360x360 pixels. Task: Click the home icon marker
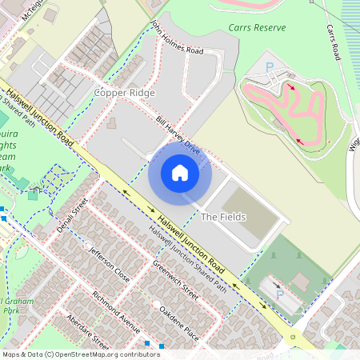180,173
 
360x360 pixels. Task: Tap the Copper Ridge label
124,93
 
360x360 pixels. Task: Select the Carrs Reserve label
256,27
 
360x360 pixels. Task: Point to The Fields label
223,217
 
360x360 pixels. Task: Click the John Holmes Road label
177,39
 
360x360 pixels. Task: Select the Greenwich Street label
175,282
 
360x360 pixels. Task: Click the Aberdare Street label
88,330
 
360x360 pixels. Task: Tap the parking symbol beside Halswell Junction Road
279,296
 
